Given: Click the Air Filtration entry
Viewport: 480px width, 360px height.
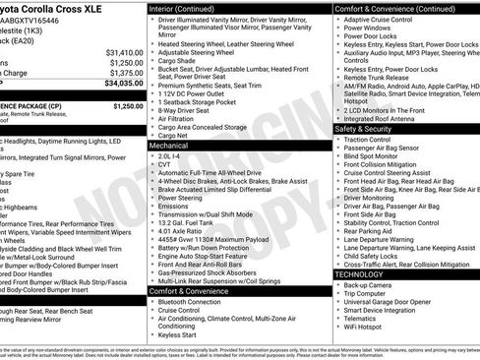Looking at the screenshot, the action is [x=175, y=118].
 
